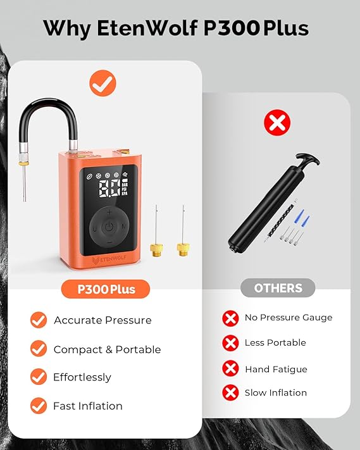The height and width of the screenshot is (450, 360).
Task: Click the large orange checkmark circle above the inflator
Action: (102, 83)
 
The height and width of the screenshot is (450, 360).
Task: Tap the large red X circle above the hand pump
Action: (276, 123)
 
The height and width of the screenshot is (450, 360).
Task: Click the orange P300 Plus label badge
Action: (106, 289)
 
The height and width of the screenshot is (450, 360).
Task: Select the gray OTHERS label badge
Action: (278, 288)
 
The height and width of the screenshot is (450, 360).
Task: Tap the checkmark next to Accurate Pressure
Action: (39, 320)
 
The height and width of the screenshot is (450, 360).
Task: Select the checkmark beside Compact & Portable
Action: (39, 349)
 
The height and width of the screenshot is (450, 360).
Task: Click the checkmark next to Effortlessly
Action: (39, 377)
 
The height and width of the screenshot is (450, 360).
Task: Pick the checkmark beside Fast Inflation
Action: (39, 406)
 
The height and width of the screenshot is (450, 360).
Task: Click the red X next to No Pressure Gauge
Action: (230, 318)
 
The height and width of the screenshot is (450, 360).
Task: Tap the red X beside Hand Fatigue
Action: (230, 368)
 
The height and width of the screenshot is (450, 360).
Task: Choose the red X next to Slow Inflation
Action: (230, 393)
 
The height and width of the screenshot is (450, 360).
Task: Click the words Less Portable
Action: (275, 342)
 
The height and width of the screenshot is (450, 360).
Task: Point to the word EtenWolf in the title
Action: (143, 28)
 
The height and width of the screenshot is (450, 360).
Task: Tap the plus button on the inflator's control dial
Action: (108, 212)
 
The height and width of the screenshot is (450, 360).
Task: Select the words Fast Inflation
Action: (88, 406)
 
